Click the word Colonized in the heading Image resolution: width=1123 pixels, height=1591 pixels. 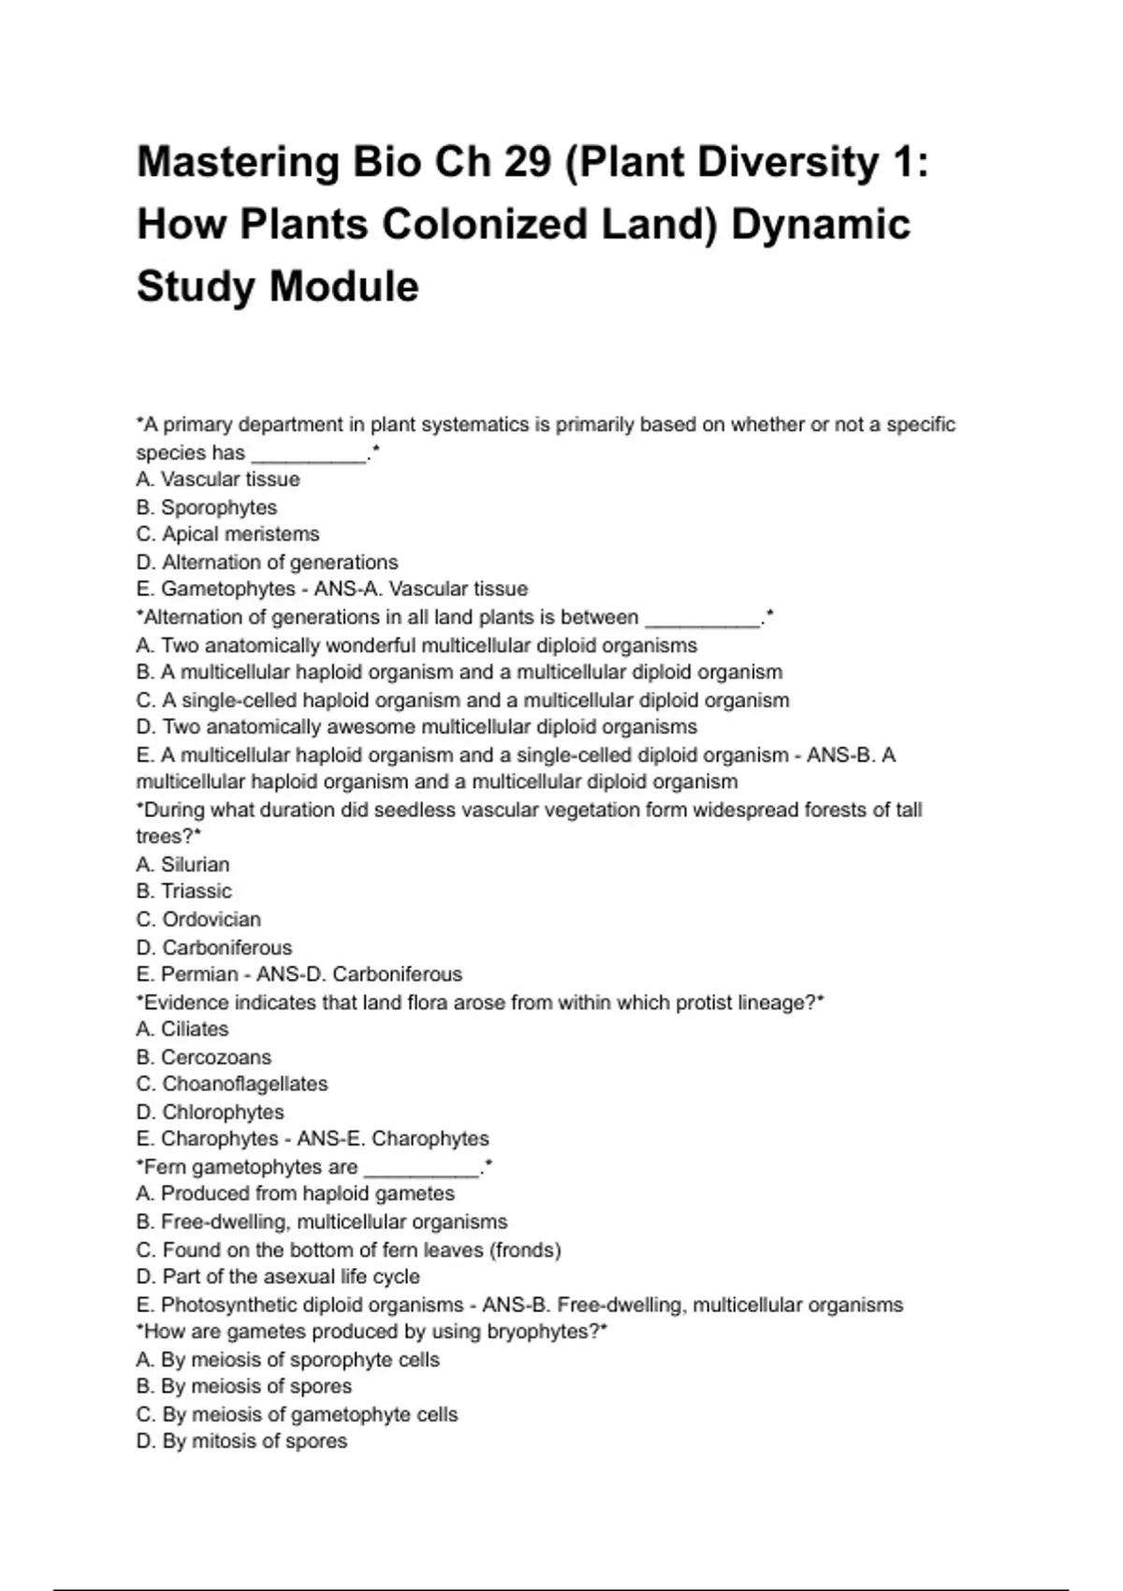[485, 225]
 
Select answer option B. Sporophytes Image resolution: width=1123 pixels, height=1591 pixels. [207, 507]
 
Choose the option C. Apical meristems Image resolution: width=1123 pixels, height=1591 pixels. [227, 534]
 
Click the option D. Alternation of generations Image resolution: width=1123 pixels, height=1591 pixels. [267, 562]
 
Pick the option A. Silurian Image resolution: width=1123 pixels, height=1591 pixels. [182, 865]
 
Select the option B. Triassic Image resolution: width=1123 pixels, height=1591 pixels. [183, 891]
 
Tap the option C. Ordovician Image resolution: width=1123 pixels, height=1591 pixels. [198, 919]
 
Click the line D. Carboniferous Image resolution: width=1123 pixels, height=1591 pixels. [213, 947]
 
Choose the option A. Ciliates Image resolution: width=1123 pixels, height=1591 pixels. [182, 1029]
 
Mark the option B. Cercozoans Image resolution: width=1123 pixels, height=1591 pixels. [204, 1058]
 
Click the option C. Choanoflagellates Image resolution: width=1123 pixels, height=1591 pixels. [232, 1084]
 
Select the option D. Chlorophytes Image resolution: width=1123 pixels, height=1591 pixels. [211, 1112]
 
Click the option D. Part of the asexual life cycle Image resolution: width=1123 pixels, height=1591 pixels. [278, 1277]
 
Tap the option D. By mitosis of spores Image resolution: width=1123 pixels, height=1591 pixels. [241, 1441]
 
